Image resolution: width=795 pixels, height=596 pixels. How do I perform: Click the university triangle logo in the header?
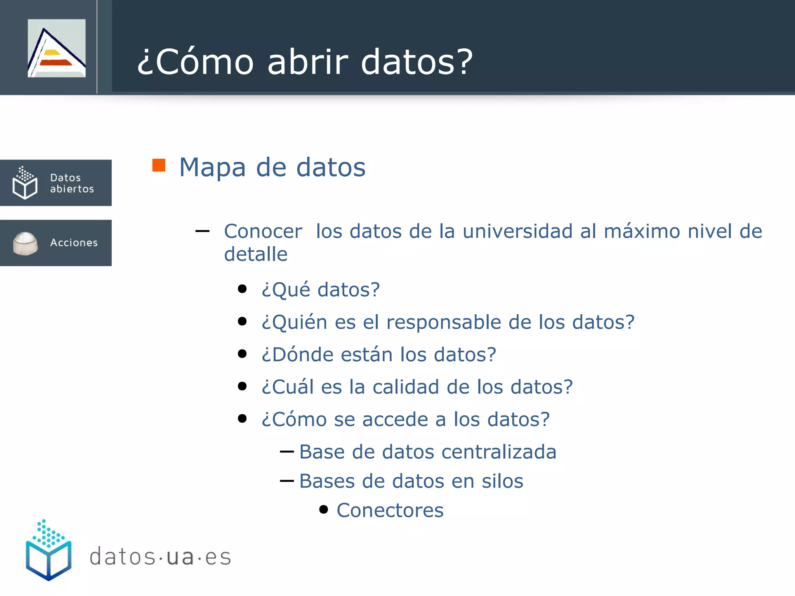pyautogui.click(x=57, y=49)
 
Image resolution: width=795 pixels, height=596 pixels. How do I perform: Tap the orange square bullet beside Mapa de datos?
pyautogui.click(x=159, y=165)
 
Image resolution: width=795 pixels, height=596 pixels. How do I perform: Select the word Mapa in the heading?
pyautogui.click(x=212, y=167)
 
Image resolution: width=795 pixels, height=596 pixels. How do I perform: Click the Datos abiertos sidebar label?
pyautogui.click(x=72, y=183)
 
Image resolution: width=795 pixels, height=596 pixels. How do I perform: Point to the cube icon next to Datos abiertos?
pyautogui.click(x=25, y=183)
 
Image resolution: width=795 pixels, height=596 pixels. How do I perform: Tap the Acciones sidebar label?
pyautogui.click(x=74, y=243)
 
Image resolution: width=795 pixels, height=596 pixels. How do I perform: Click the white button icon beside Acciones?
pyautogui.click(x=25, y=243)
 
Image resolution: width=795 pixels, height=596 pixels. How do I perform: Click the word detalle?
pyautogui.click(x=256, y=254)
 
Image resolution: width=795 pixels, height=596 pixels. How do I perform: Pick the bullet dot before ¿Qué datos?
pyautogui.click(x=242, y=289)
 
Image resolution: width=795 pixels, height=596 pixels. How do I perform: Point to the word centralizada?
pyautogui.click(x=499, y=452)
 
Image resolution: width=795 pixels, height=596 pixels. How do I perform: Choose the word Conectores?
pyautogui.click(x=390, y=510)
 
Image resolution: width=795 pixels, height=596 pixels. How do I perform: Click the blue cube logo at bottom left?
pyautogui.click(x=49, y=551)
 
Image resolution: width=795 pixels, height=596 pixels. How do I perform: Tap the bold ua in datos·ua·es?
pyautogui.click(x=180, y=557)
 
